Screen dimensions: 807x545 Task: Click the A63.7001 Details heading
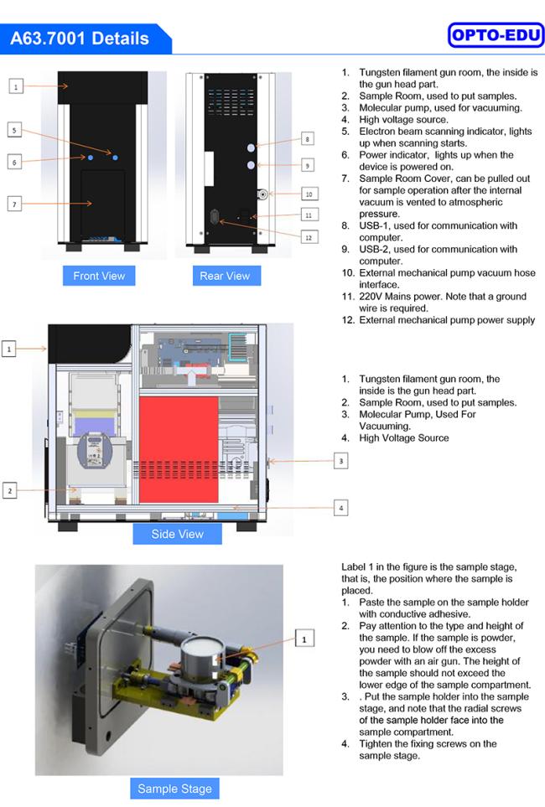point(80,39)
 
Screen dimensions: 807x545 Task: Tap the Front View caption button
point(99,276)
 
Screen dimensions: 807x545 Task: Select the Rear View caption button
point(225,276)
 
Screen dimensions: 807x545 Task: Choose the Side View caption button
point(177,534)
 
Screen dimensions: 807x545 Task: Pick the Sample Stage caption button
point(174,789)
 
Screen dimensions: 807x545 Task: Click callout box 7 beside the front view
point(15,204)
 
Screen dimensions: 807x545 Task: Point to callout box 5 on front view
point(15,130)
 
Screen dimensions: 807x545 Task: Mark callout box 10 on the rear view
point(308,194)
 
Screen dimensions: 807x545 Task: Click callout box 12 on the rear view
point(308,237)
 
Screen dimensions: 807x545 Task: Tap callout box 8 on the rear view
point(308,138)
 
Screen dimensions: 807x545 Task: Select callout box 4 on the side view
point(340,507)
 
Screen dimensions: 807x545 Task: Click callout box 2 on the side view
point(9,490)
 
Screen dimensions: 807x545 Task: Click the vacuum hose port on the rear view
point(262,194)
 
